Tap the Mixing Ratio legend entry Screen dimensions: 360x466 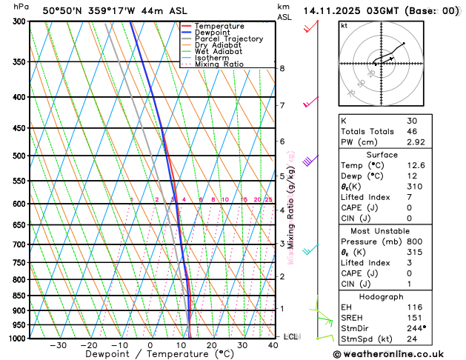click(219, 64)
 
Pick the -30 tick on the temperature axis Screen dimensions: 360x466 click(58, 345)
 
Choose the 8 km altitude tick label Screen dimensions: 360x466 click(282, 68)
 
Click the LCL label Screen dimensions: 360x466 click(291, 336)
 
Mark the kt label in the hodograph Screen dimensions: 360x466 click(344, 25)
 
